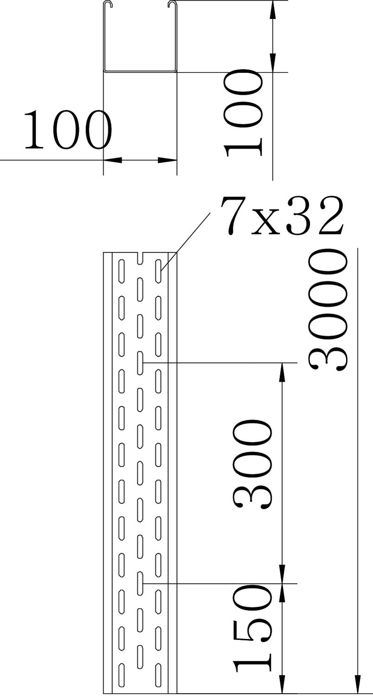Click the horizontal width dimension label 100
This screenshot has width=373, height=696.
coord(67,129)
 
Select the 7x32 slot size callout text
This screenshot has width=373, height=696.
coord(282,217)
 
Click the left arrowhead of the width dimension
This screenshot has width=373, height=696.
coord(112,161)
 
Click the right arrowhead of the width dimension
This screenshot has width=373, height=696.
coord(167,161)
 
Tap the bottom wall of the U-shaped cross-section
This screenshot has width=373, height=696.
coord(140,71)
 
